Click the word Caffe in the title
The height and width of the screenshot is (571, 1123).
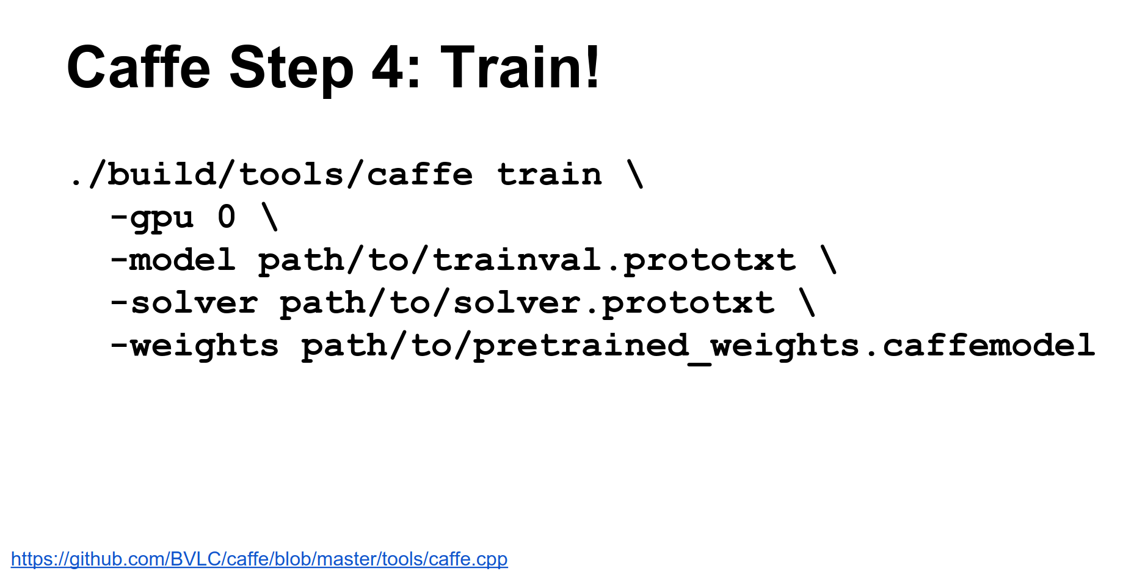(x=139, y=67)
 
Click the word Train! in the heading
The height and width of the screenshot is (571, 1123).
(x=520, y=67)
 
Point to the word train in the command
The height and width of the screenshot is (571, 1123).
(x=550, y=175)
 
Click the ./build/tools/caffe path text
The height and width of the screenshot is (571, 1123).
(x=272, y=175)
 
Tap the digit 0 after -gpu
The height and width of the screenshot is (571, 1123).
(x=227, y=217)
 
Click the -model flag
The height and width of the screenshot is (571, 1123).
(x=173, y=260)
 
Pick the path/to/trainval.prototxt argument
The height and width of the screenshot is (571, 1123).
(x=527, y=261)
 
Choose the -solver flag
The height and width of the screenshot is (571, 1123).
(x=184, y=303)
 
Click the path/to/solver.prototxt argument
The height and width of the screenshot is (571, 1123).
(x=527, y=304)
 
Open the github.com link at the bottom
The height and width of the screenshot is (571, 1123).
(x=259, y=559)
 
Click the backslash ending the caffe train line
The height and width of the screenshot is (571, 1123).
(x=635, y=174)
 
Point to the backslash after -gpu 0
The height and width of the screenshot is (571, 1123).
(x=270, y=217)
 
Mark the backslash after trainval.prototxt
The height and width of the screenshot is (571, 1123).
(x=829, y=260)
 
